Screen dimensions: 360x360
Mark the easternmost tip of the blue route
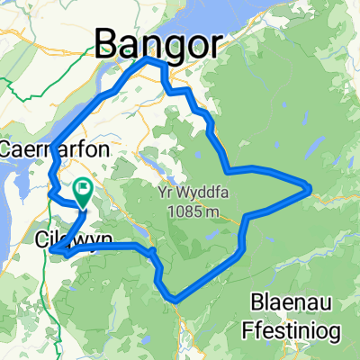click(x=310, y=188)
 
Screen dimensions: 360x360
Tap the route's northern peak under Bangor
click(x=150, y=59)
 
